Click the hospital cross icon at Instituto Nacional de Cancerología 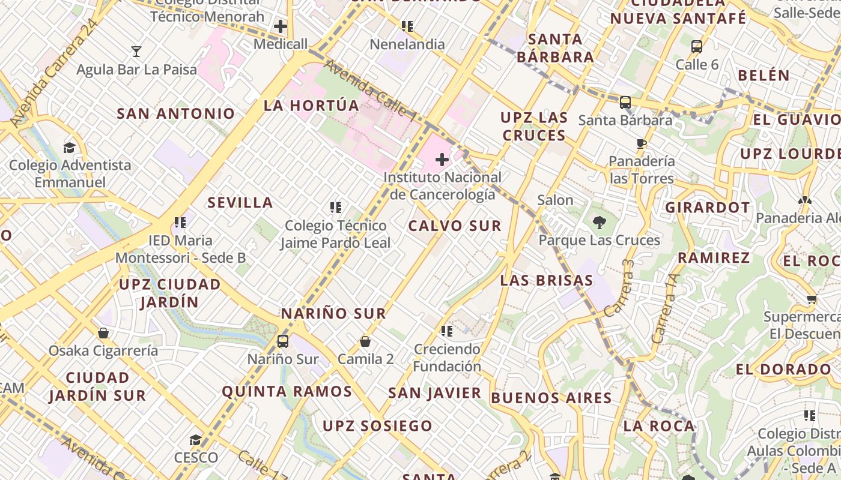point(442,160)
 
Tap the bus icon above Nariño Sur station point(283,341)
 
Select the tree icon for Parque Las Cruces point(599,223)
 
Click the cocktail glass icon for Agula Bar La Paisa point(136,52)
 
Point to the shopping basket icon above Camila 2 point(365,342)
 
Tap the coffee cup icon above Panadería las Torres point(642,143)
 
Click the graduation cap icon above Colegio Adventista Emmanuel point(70,148)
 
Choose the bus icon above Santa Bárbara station point(625,102)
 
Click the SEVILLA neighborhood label point(240,203)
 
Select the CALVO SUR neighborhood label point(454,226)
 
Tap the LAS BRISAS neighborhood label point(547,281)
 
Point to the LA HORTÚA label point(311,106)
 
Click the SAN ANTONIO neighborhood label point(176,113)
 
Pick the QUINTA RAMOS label point(287,392)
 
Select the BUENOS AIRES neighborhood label point(551,398)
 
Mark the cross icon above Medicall point(281,26)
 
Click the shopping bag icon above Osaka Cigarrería point(103,333)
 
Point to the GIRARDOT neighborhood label point(708,208)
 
